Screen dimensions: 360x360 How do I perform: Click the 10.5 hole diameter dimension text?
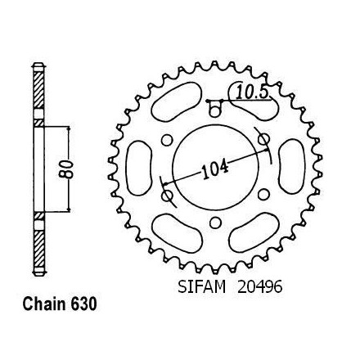click(x=251, y=92)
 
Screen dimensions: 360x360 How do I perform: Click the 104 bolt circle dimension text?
click(x=214, y=170)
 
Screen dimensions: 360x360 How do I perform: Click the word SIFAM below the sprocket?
click(x=202, y=287)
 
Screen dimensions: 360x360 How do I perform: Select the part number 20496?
click(x=259, y=287)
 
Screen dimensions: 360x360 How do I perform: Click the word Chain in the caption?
click(x=44, y=304)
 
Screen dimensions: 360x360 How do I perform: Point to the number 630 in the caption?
click(x=83, y=304)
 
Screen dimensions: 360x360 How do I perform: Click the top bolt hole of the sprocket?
click(x=215, y=110)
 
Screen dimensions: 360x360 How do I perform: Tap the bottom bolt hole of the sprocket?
click(x=215, y=223)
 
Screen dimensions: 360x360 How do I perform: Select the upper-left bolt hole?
click(x=167, y=140)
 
